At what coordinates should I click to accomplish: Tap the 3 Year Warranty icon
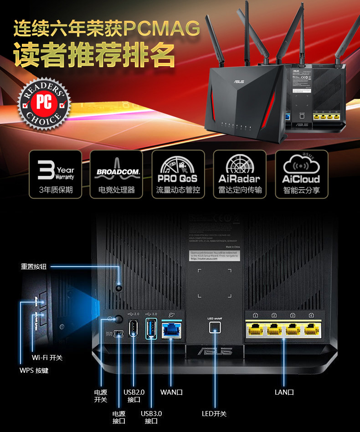55,175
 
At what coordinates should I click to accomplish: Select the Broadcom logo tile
117,175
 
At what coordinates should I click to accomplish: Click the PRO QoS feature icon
178,175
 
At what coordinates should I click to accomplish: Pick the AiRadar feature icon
239,175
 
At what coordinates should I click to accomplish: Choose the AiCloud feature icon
301,175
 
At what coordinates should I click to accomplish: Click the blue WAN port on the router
171,329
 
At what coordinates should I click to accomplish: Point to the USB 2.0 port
134,329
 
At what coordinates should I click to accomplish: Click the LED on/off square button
214,327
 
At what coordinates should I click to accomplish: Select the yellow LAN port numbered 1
256,328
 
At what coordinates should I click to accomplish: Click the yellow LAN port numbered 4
311,328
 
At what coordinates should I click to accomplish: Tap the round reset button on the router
119,288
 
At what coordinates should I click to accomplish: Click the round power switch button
119,319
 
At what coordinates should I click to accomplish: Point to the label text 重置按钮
34,266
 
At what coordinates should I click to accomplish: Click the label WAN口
171,392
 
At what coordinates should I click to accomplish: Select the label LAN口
284,392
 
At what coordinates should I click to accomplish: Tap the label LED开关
214,414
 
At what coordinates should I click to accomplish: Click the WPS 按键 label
34,370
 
